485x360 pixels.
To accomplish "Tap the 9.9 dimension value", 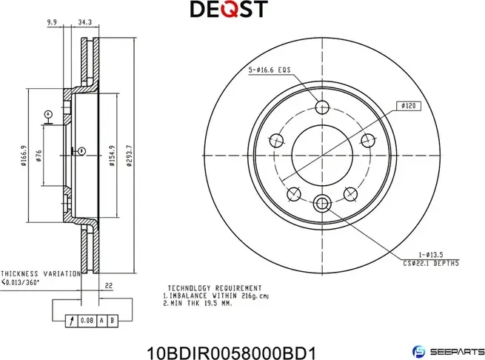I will tap(52, 23).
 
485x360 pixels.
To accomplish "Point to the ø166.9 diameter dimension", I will tap(25, 156).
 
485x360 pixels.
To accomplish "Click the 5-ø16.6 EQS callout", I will tap(269, 71).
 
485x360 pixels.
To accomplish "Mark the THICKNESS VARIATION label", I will tap(41, 273).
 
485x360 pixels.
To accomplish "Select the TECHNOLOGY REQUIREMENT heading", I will tap(214, 287).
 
